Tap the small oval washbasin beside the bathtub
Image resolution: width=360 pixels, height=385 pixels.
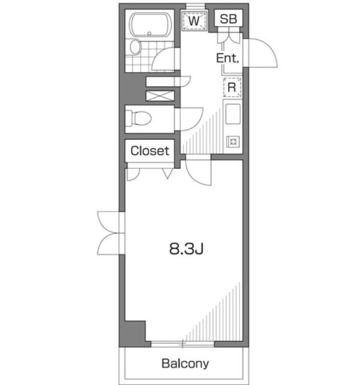[135, 47]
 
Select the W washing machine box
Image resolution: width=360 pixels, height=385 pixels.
[194, 20]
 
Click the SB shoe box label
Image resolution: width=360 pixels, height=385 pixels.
[228, 19]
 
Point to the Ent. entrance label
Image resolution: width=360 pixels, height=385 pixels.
[228, 58]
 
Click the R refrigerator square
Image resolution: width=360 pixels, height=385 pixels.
[232, 87]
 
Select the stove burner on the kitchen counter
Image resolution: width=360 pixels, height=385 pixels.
[232, 142]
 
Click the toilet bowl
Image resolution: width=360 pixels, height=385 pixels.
[139, 118]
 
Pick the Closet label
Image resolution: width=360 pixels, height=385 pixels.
[150, 151]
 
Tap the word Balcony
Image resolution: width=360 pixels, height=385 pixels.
[185, 363]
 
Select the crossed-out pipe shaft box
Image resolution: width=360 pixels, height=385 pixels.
[160, 95]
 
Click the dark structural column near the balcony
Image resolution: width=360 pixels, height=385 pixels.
[135, 333]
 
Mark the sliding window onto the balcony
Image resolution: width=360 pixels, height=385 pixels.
[183, 343]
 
